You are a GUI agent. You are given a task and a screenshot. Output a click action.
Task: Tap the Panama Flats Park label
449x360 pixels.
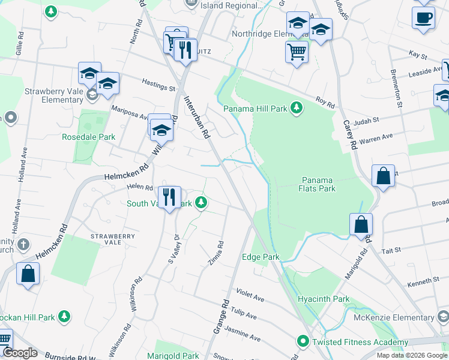(318, 184)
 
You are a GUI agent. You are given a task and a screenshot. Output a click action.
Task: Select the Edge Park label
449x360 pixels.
(261, 257)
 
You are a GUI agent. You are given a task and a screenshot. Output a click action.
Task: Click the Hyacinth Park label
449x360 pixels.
(323, 299)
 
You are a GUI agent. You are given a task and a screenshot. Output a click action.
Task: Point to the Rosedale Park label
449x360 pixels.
(88, 137)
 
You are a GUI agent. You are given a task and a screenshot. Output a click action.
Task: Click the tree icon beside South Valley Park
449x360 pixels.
(202, 203)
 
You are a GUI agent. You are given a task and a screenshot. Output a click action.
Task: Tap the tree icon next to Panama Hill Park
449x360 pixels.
(296, 108)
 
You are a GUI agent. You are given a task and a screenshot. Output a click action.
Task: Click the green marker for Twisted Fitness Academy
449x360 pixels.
(304, 342)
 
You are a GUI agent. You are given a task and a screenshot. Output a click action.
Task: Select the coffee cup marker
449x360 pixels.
(424, 17)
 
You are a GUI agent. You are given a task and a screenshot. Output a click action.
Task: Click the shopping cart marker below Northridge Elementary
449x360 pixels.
(297, 52)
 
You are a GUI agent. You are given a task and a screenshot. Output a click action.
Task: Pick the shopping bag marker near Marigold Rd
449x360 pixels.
(361, 225)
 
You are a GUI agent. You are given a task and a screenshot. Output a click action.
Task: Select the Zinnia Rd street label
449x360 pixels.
(220, 253)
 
